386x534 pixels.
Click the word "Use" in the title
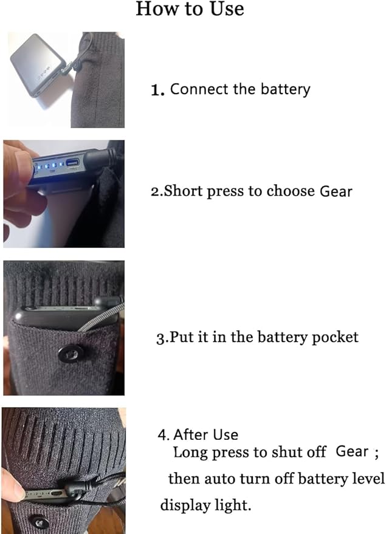227,9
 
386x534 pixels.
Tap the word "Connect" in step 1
199,89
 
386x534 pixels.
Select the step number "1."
157,91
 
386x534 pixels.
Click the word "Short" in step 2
184,191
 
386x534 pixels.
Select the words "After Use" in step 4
206,435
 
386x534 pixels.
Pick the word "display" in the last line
185,505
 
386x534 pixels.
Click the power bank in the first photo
38,65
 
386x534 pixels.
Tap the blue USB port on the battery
72,163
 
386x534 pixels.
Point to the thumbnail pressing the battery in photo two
22,163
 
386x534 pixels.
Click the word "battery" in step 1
286,89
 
